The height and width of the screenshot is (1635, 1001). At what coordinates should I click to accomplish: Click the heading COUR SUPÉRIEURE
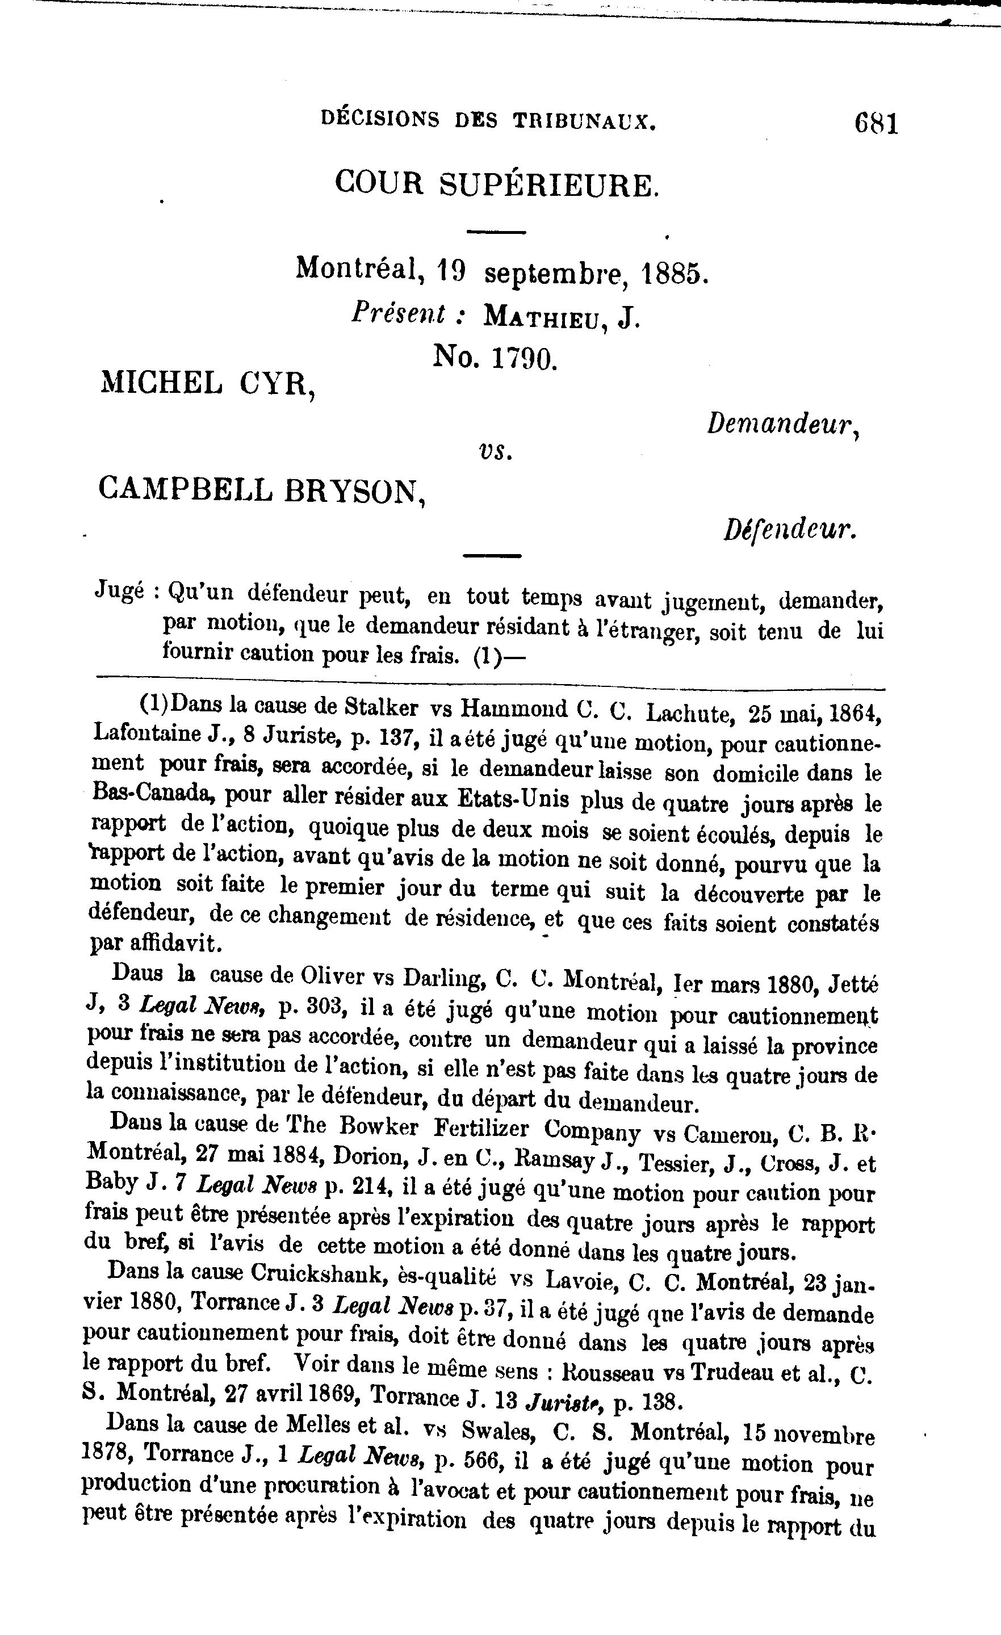(x=496, y=184)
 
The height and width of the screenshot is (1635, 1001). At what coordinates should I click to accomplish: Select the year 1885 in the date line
(x=671, y=272)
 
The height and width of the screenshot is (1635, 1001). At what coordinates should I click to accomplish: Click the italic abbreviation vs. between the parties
(x=495, y=451)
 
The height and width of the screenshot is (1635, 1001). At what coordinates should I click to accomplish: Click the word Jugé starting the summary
(x=120, y=590)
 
